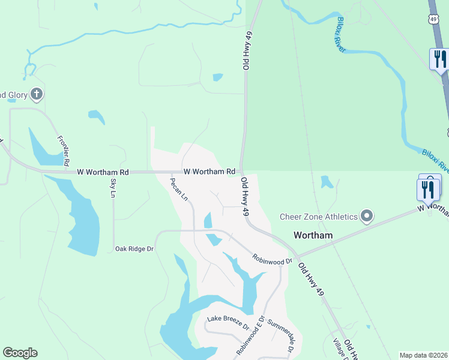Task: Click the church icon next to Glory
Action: pyautogui.click(x=37, y=94)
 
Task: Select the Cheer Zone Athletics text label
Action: pyautogui.click(x=319, y=217)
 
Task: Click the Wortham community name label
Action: pyautogui.click(x=313, y=235)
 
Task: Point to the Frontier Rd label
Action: pyautogui.click(x=64, y=151)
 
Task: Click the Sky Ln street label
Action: pyautogui.click(x=112, y=188)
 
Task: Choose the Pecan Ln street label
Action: pyautogui.click(x=179, y=188)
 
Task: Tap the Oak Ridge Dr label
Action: pyautogui.click(x=134, y=248)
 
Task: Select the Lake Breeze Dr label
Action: pyautogui.click(x=228, y=322)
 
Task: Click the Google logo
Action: pyautogui.click(x=20, y=353)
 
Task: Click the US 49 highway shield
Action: pyautogui.click(x=433, y=20)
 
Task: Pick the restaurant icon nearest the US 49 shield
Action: pyautogui.click(x=440, y=59)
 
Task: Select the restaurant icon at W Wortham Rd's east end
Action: pyautogui.click(x=428, y=189)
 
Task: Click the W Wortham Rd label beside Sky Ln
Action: pyautogui.click(x=103, y=172)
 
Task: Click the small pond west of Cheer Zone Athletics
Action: pyautogui.click(x=327, y=181)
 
